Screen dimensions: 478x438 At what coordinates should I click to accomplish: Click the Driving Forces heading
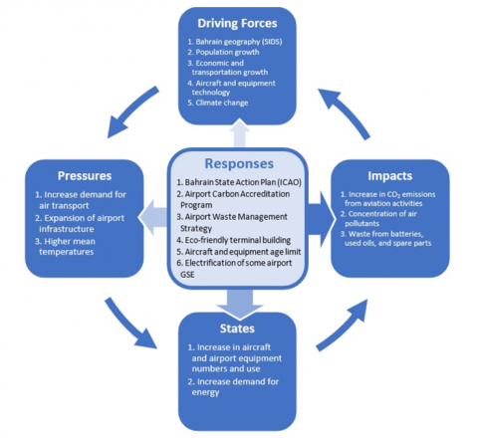(x=237, y=23)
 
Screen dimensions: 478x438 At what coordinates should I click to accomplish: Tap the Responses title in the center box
(x=239, y=163)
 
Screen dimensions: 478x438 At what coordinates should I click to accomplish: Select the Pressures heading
(x=85, y=175)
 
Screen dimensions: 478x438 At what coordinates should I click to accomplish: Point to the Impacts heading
(x=390, y=176)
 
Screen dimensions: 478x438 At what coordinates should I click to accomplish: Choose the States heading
(x=237, y=328)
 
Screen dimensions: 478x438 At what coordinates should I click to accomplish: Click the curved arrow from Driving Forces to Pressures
(x=130, y=111)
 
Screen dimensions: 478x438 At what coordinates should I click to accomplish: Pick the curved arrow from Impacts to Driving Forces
(x=346, y=111)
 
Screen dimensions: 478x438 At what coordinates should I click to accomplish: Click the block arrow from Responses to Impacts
(x=321, y=219)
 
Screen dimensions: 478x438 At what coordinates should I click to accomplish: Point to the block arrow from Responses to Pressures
(x=152, y=217)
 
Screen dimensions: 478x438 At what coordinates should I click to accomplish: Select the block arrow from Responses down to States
(x=239, y=304)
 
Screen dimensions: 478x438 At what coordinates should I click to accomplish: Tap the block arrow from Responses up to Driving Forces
(x=240, y=132)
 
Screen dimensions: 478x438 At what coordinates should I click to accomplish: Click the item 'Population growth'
(x=227, y=52)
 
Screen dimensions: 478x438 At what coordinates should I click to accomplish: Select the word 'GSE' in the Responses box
(x=187, y=275)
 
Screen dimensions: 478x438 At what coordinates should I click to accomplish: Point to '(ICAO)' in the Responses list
(x=290, y=182)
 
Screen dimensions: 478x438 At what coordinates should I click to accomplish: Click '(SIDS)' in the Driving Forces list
(x=272, y=42)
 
